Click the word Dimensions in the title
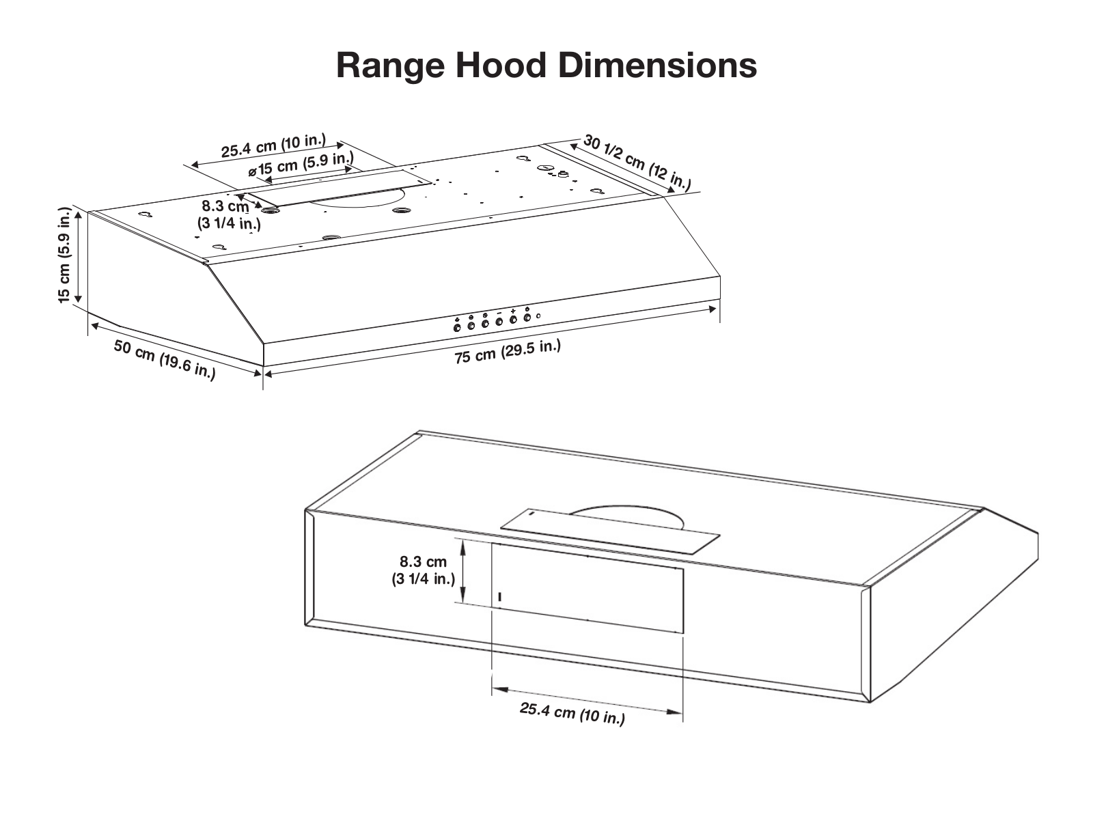click(657, 65)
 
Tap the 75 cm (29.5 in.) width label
click(508, 351)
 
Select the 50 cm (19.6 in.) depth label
click(165, 359)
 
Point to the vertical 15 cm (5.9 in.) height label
click(65, 255)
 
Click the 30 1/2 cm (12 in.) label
click(637, 163)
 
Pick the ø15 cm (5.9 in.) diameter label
click(301, 165)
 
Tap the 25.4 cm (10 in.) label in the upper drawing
click(273, 145)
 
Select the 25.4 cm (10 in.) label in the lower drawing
click(572, 713)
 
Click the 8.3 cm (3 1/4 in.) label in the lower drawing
click(424, 570)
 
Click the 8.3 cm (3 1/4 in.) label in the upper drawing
click(229, 214)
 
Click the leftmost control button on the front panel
click(457, 328)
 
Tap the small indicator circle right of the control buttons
click(538, 316)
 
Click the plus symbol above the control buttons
click(513, 311)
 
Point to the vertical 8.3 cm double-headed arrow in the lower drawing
click(463, 570)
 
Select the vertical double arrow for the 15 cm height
click(78, 255)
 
